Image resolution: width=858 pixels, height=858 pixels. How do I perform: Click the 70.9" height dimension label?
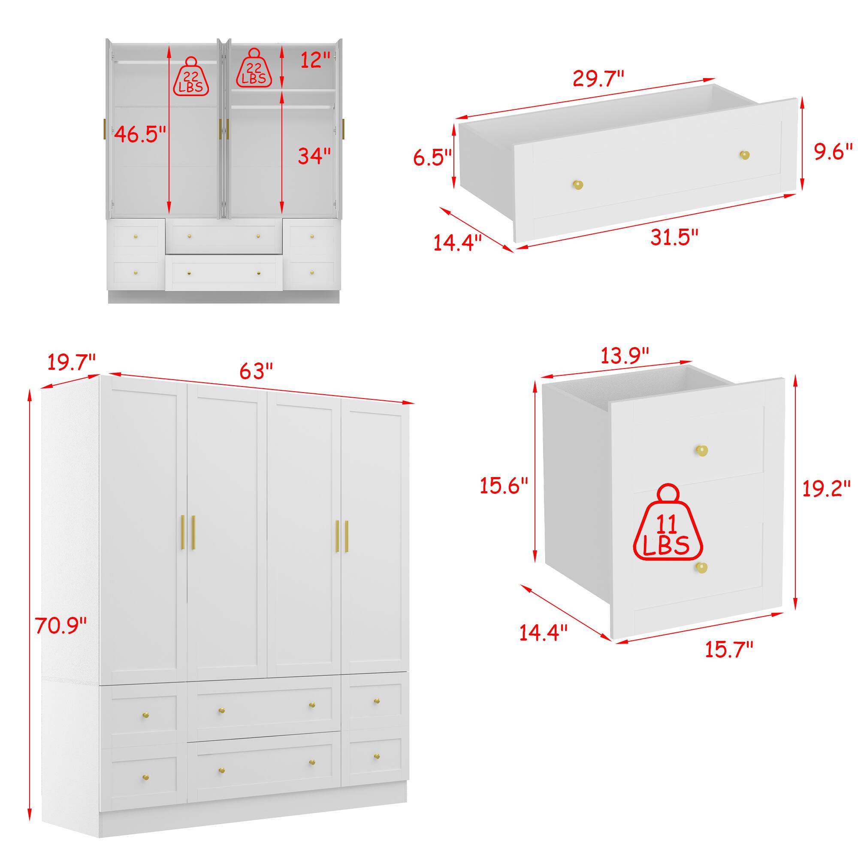[x=60, y=626]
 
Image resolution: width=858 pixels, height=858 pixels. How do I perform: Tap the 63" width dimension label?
[x=256, y=371]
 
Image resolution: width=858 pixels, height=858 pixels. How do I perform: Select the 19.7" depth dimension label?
[x=72, y=362]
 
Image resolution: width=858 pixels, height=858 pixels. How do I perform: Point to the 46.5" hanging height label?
[x=140, y=134]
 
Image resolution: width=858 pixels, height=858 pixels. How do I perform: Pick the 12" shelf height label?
[x=315, y=60]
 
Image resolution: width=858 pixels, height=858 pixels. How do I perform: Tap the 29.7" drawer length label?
[x=598, y=79]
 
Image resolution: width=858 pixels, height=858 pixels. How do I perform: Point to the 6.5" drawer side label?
[x=432, y=157]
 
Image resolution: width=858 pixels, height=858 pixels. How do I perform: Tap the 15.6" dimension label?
[x=504, y=485]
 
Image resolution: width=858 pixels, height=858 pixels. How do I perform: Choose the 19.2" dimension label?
[x=826, y=489]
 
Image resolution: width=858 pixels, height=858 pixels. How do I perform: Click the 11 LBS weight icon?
[x=668, y=522]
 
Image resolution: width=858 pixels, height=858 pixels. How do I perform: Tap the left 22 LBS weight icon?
[x=191, y=76]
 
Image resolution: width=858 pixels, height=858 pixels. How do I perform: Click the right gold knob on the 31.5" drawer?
[x=744, y=155]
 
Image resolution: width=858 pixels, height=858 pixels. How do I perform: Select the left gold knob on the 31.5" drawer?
[x=577, y=185]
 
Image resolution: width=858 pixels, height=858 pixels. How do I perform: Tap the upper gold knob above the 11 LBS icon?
[x=702, y=450]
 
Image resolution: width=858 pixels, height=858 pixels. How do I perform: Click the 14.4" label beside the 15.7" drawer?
[x=544, y=632]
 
